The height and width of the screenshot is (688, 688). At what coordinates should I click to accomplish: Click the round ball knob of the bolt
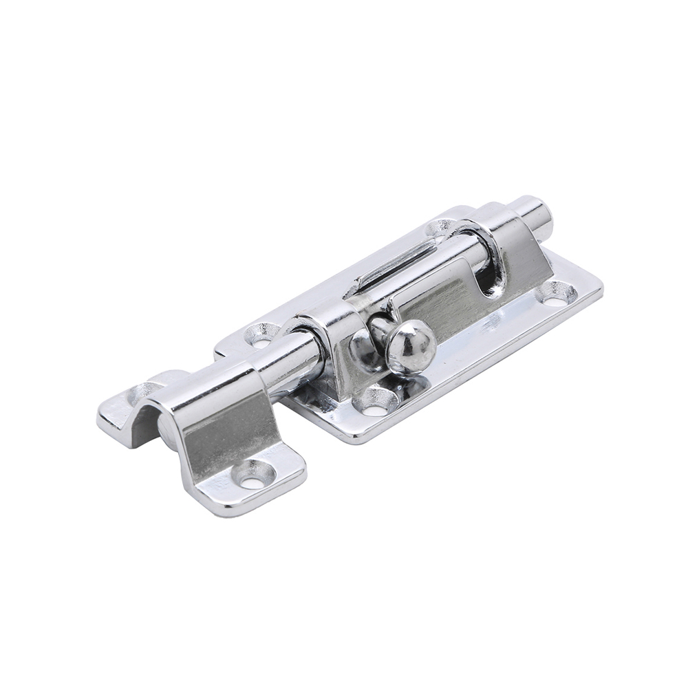411,344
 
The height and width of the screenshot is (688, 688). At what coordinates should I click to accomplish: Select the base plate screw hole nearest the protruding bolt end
558,294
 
